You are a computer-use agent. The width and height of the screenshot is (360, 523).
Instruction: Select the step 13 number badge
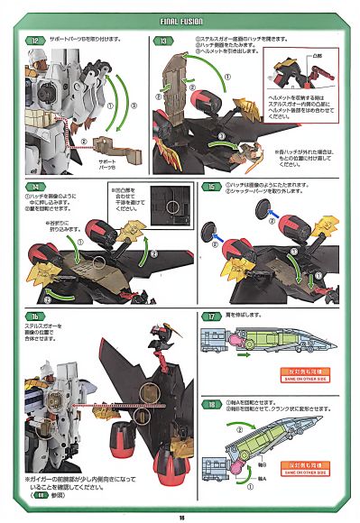[164, 41]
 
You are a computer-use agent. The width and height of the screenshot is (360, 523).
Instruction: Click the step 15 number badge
[208, 186]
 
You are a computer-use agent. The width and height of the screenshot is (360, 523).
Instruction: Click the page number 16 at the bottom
[180, 515]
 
